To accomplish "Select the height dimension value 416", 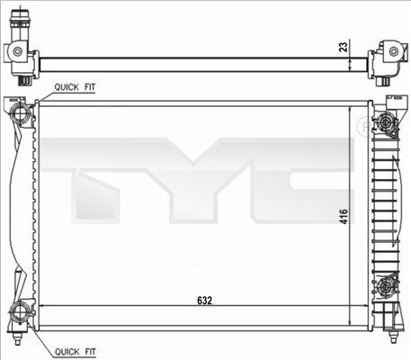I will [x=344, y=215].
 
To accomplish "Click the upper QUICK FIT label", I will [x=76, y=86].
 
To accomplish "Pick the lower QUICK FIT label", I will [x=76, y=350].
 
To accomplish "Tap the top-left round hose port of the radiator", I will [x=21, y=113].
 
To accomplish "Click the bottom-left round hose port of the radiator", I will [x=21, y=314].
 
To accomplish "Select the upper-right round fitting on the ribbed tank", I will [x=386, y=122].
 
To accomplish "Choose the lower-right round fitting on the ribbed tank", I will [x=386, y=287].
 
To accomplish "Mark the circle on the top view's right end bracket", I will [x=392, y=53].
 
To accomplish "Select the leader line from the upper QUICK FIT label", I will [x=41, y=94].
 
